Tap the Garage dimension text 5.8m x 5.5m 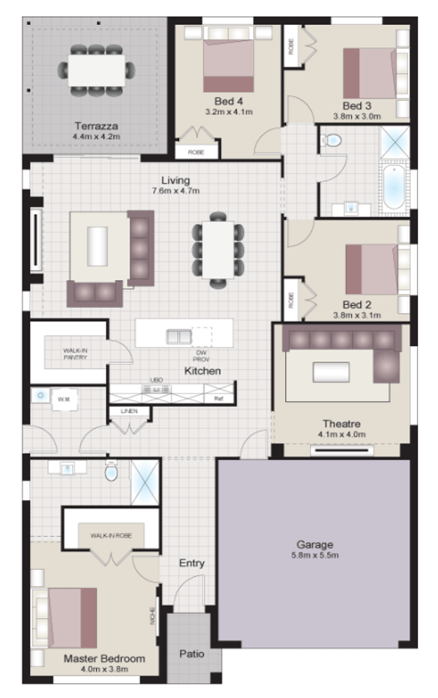click(314, 555)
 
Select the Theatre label click(342, 423)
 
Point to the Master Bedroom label click(104, 658)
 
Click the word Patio click(191, 654)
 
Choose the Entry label click(191, 563)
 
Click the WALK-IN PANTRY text click(75, 354)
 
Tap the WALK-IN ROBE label click(109, 536)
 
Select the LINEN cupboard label click(129, 410)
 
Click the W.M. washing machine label click(63, 400)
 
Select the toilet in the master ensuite click(111, 472)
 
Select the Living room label click(175, 181)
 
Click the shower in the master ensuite click(145, 482)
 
